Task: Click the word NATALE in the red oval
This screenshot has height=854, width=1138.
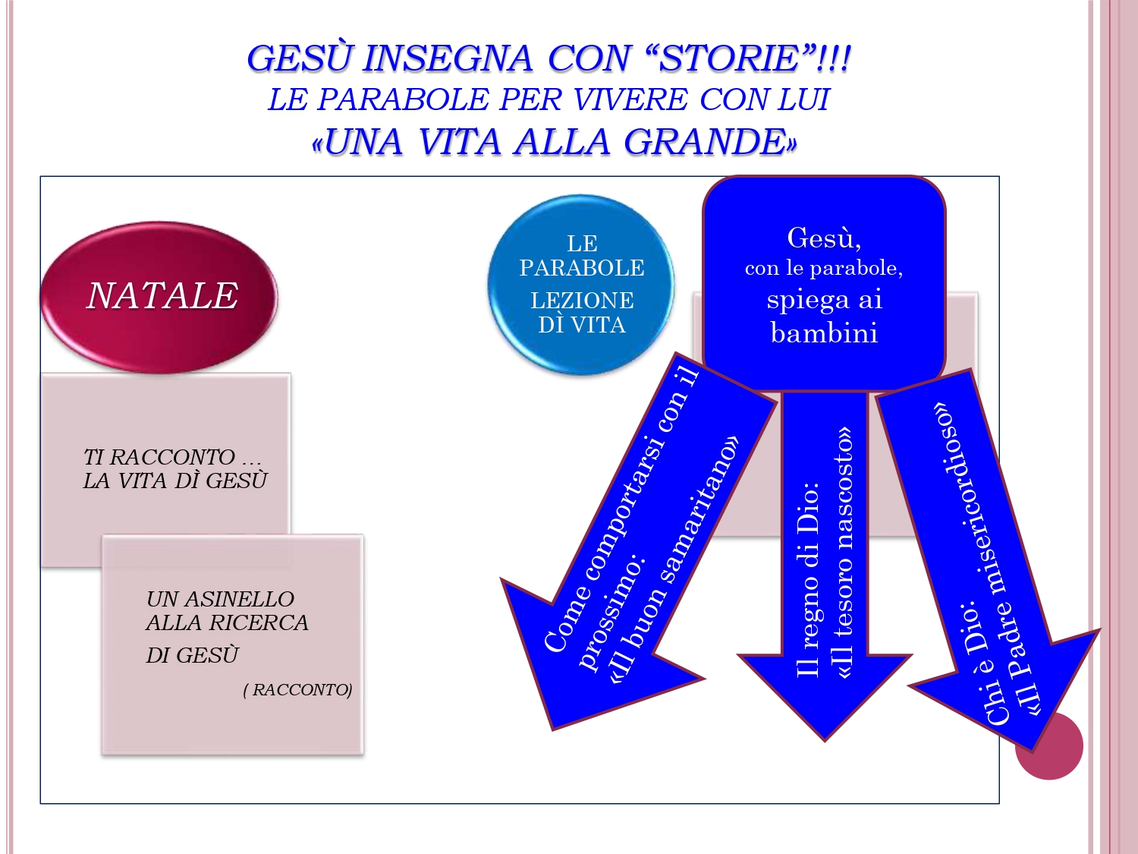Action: [x=162, y=296]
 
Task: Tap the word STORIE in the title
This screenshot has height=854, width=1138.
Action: [x=728, y=58]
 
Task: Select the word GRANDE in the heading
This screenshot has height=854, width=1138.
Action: [x=705, y=141]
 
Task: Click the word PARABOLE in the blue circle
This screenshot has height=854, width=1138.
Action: [x=582, y=268]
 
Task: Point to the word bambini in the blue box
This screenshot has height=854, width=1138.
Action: [x=825, y=332]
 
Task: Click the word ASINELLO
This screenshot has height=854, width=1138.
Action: [x=240, y=599]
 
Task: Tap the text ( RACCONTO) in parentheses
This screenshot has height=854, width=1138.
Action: [x=297, y=689]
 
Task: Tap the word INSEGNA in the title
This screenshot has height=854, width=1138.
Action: [x=448, y=58]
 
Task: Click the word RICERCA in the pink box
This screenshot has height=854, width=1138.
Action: [x=264, y=622]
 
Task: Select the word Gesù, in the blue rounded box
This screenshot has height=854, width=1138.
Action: [x=825, y=238]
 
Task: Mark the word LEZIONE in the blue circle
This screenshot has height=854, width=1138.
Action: [x=582, y=301]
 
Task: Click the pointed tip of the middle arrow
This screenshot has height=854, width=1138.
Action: [x=825, y=740]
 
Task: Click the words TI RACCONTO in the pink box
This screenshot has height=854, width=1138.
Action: [x=159, y=457]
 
